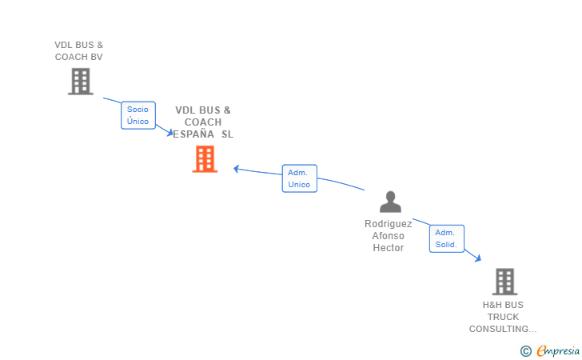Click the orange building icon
205,159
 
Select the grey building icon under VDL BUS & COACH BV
81,82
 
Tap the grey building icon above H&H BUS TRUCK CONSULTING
504,282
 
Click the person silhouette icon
390,202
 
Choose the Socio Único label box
138,115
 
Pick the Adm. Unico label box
300,178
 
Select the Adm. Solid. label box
447,238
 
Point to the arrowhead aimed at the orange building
236,169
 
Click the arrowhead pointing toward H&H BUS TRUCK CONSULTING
478,258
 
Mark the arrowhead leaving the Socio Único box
170,133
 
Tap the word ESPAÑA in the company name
193,134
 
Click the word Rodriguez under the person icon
389,224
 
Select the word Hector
389,248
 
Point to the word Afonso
389,236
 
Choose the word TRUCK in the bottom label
503,317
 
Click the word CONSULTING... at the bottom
503,329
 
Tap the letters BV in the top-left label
96,57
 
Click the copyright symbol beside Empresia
526,351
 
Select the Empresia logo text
558,351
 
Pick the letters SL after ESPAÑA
228,134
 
